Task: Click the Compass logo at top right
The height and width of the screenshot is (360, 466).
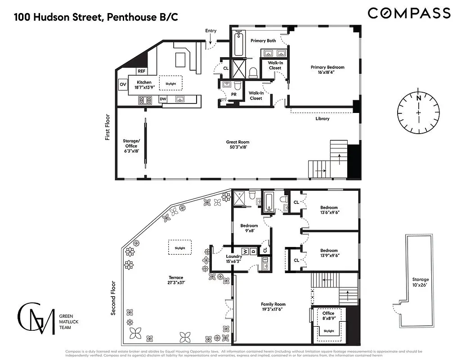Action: point(409,13)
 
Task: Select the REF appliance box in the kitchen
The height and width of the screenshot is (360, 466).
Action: point(142,71)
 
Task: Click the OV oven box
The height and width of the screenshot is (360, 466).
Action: point(123,84)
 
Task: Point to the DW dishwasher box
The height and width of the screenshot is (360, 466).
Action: point(163,99)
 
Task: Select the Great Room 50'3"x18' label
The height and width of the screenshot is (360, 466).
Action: point(237,144)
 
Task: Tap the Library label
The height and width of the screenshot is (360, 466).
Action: point(322,119)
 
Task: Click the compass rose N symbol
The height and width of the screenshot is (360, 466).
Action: point(418,98)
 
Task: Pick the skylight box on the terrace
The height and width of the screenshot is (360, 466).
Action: point(180,247)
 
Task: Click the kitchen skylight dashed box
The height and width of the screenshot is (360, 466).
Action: point(170,84)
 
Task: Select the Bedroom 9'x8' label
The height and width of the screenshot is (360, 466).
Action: point(249,228)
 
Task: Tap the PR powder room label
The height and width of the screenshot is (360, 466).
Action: point(233,94)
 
